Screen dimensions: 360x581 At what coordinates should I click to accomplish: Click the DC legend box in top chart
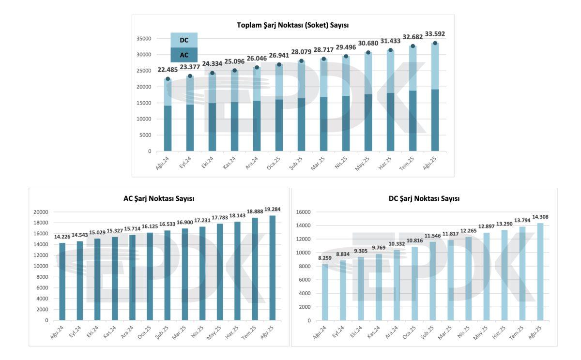coord(184,40)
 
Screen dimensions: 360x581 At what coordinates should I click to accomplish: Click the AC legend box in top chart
coord(184,55)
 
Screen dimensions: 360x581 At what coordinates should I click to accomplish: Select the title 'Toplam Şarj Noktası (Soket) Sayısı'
coord(293,25)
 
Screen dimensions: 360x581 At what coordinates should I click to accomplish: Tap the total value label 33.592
coord(435,34)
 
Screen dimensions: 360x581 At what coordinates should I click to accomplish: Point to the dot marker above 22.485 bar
coord(168,79)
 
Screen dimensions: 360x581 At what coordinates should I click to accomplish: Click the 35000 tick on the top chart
coord(143,39)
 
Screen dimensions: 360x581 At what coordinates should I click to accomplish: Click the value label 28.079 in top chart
coord(301,52)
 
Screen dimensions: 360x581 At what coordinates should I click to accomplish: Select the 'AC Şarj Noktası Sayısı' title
coord(159,198)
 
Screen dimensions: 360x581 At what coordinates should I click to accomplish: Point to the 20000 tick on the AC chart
coord(41,212)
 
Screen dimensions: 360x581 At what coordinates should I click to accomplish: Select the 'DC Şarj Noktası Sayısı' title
coord(424,198)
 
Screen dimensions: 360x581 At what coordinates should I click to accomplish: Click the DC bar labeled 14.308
coord(540,271)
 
